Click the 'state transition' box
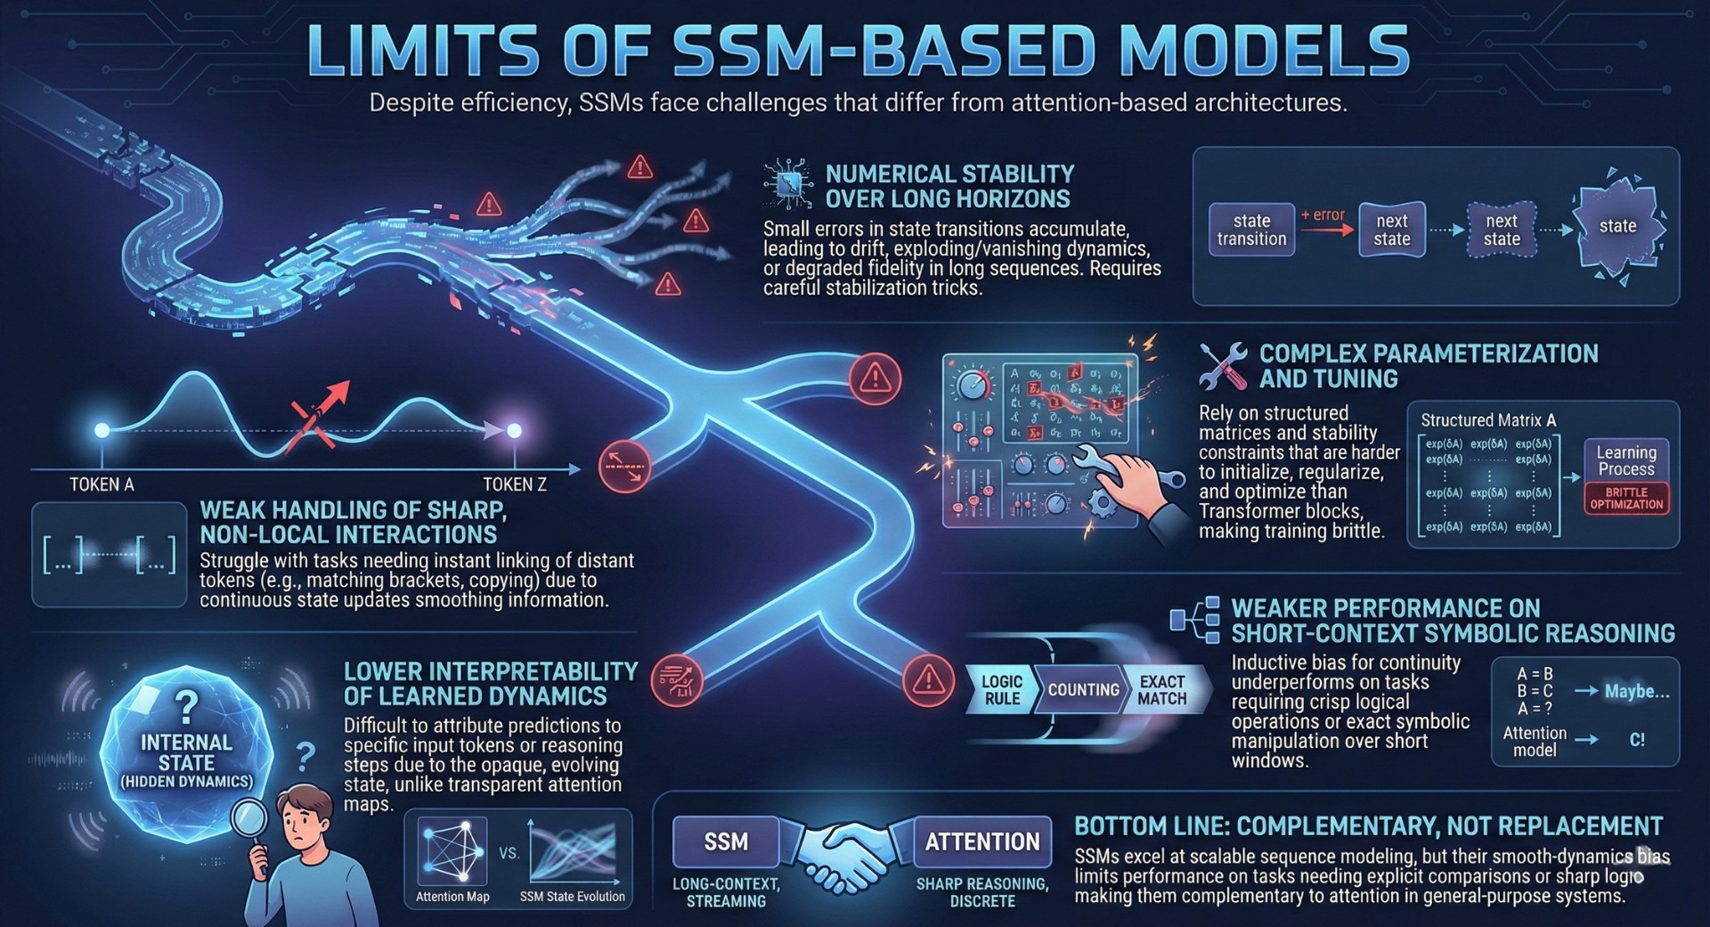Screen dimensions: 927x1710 [1251, 230]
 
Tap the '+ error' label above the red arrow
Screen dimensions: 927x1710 [1323, 215]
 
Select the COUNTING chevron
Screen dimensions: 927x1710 [1083, 690]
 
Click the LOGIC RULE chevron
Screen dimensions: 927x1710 [1001, 690]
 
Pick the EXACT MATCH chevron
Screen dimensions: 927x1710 [1162, 690]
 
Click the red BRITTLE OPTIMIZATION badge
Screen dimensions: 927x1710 [1626, 499]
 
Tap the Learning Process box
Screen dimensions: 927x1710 [1626, 460]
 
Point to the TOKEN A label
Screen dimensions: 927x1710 [102, 484]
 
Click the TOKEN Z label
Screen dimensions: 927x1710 [515, 484]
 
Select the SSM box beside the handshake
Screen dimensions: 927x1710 [726, 842]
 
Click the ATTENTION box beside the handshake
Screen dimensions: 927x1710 [982, 842]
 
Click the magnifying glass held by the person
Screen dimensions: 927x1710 [250, 817]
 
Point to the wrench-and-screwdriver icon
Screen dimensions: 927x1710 [1223, 366]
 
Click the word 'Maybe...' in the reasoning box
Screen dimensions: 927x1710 [1637, 691]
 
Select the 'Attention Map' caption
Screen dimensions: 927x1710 [452, 897]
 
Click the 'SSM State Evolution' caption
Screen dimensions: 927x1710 [573, 897]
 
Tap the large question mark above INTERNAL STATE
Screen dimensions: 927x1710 [186, 707]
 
